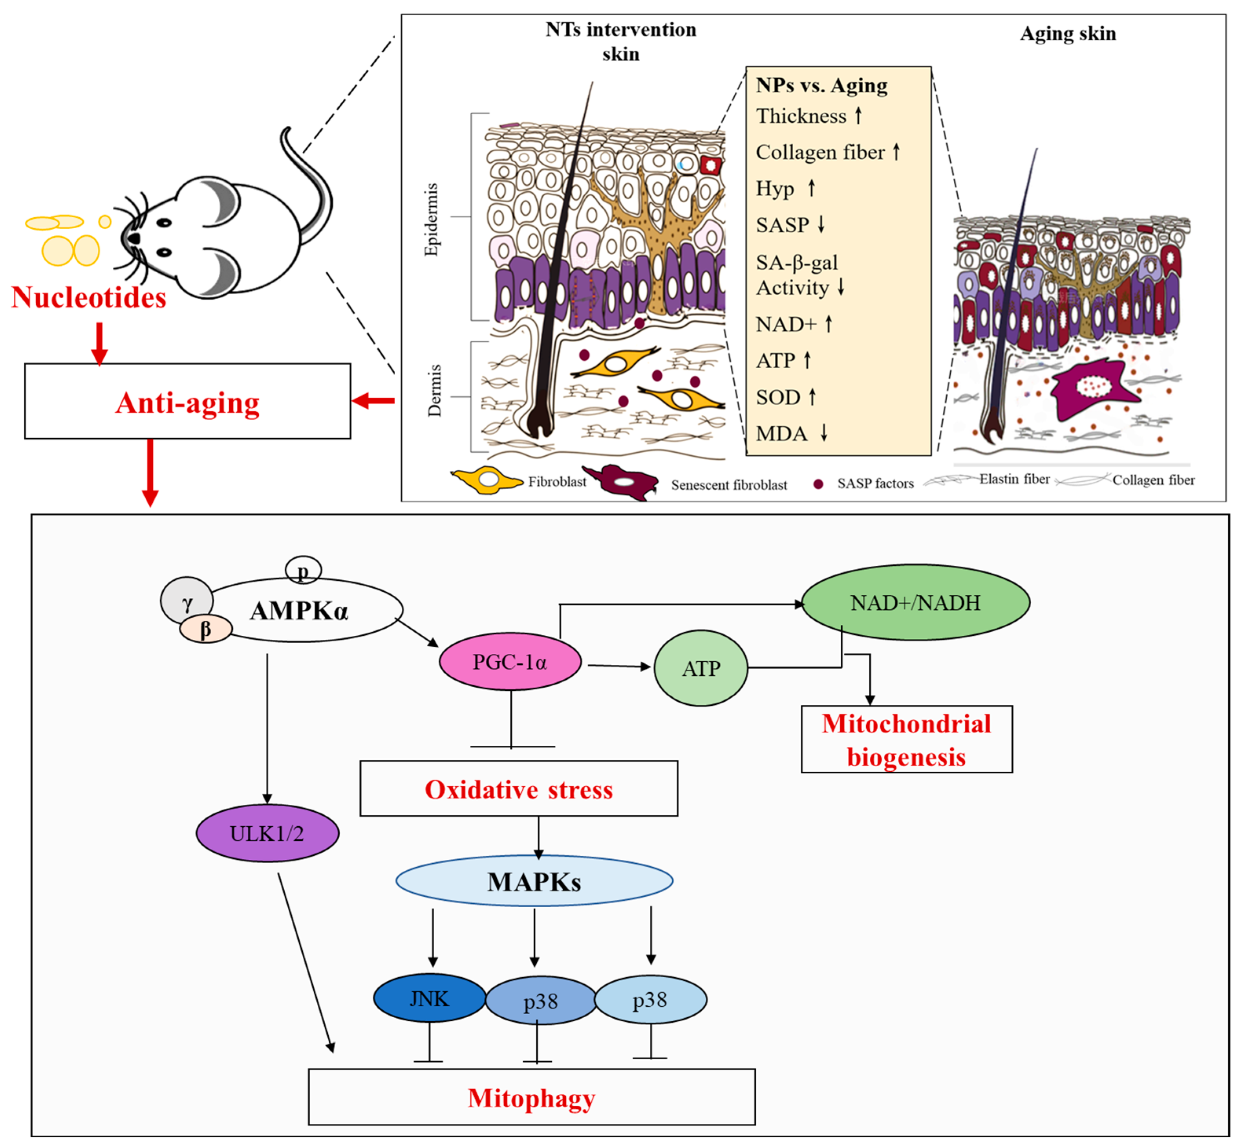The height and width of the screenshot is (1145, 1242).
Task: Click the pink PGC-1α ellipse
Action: point(510,662)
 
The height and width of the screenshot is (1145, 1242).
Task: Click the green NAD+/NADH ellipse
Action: point(915,602)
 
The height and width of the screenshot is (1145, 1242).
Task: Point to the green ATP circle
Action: point(701,668)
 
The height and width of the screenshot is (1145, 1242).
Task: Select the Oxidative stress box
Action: point(518,789)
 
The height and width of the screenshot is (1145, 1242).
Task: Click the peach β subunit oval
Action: point(205,629)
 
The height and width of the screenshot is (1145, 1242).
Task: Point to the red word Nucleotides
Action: point(88,297)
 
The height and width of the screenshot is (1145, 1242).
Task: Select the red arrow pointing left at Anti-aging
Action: point(373,401)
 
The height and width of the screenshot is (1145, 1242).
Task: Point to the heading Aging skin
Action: point(1068,33)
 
